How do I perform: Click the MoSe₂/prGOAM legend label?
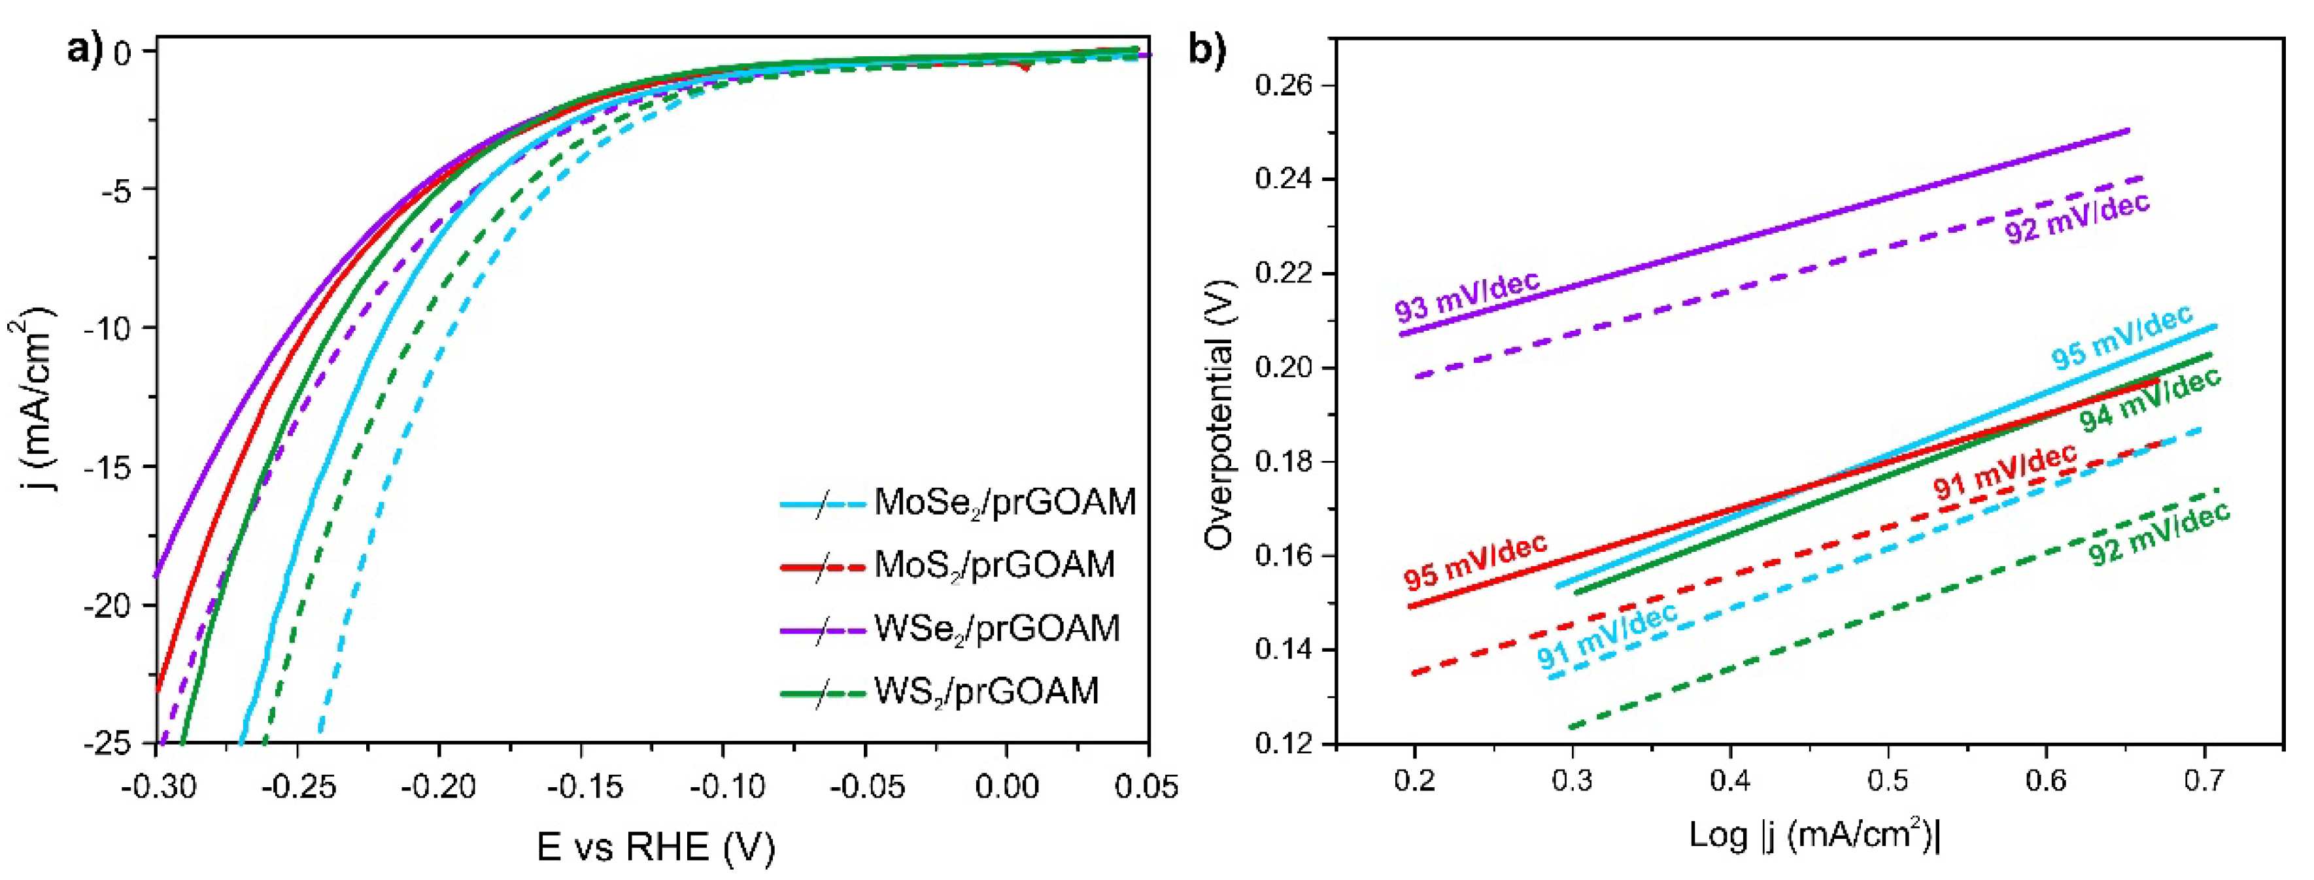click(x=1004, y=503)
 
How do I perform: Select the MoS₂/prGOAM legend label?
click(x=993, y=566)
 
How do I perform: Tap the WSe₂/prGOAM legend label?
click(x=997, y=628)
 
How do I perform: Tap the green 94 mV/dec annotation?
click(x=2150, y=401)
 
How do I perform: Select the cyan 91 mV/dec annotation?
click(x=1607, y=635)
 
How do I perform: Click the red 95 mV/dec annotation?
click(x=1476, y=561)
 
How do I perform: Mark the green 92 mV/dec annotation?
click(x=2158, y=533)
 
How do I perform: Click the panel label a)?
click(x=86, y=50)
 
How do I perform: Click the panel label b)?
click(x=1207, y=50)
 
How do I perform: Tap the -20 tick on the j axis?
click(x=107, y=606)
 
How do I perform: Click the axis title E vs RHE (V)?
click(x=655, y=847)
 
